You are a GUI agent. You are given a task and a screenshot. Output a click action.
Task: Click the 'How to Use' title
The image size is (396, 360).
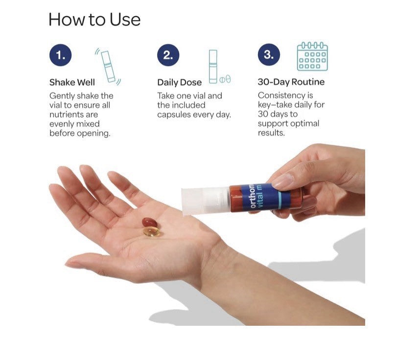coord(94,20)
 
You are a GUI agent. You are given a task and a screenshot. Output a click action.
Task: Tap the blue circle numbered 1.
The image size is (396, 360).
coord(61,55)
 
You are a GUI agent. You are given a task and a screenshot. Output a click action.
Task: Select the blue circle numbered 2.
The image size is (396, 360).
coord(168,55)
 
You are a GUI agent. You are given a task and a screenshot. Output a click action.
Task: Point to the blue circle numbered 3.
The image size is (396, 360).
coord(269,54)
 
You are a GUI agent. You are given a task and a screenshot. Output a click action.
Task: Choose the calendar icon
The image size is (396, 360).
coord(312,57)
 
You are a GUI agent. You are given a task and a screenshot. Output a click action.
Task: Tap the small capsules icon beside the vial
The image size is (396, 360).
coord(225,79)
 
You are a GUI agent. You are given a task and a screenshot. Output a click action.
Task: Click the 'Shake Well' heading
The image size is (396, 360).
coord(72,83)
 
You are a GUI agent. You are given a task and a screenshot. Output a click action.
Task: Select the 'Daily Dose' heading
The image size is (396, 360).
coord(179,83)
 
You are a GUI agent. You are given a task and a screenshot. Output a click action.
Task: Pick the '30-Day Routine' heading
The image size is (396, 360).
coord(291,82)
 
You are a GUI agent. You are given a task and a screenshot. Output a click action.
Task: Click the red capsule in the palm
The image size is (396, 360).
coord(149,222)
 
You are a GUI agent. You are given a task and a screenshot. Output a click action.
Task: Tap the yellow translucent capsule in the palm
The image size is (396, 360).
coord(151,231)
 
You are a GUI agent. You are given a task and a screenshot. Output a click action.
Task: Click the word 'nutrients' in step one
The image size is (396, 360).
coord(73,114)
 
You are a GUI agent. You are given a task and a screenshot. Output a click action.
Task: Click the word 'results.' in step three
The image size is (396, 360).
coord(271,133)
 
